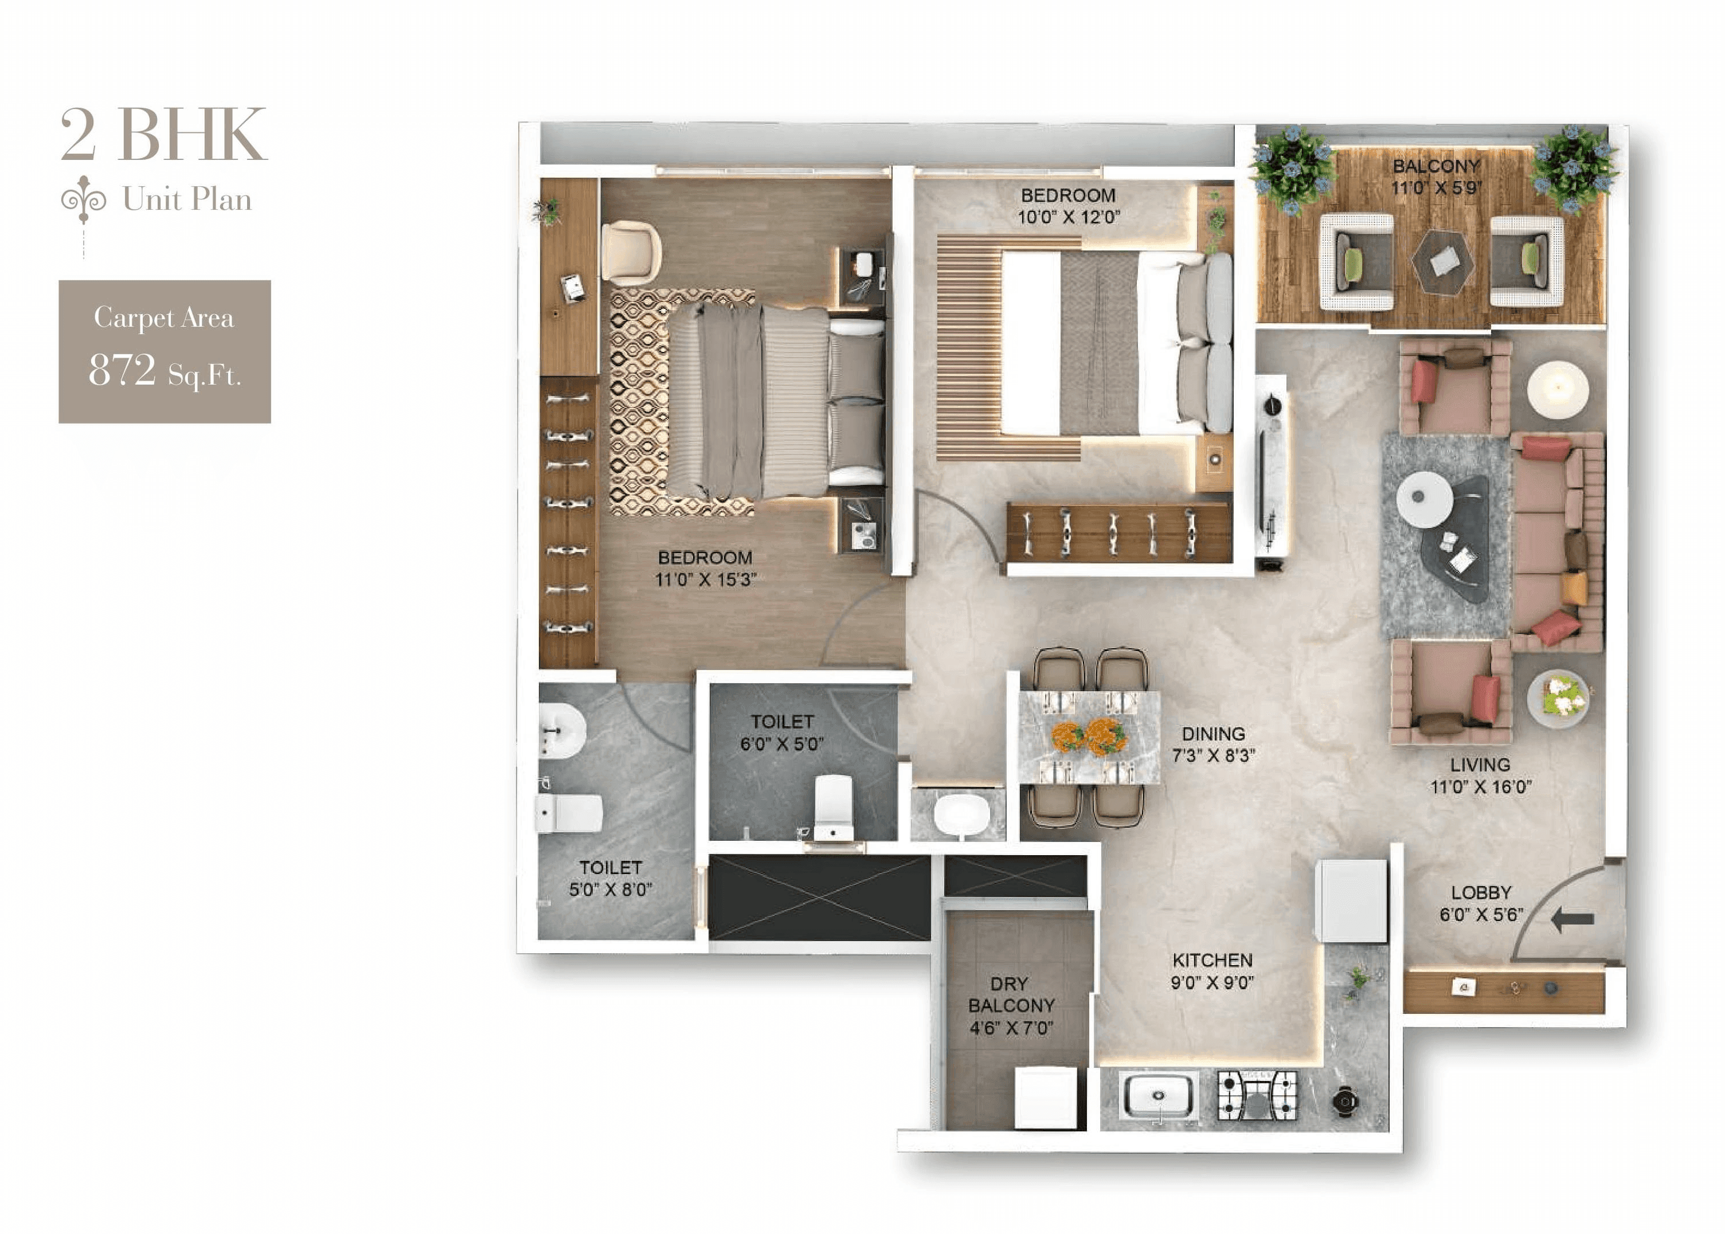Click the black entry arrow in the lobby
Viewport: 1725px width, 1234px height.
tap(1571, 919)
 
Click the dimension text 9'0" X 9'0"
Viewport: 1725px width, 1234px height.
tap(1212, 982)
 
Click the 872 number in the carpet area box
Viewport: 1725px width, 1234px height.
tap(122, 370)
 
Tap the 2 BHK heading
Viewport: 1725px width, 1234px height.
tap(163, 135)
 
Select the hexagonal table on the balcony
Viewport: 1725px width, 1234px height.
tap(1442, 262)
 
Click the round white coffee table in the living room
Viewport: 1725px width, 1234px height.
tap(1424, 499)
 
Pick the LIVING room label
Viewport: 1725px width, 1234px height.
tap(1480, 765)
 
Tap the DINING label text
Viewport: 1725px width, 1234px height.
tap(1213, 734)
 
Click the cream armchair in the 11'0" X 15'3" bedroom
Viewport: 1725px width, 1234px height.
tap(631, 252)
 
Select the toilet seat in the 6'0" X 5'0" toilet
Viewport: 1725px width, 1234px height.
tap(833, 807)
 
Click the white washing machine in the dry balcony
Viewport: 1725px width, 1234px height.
tap(1046, 1097)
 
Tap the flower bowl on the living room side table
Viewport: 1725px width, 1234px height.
tap(1558, 697)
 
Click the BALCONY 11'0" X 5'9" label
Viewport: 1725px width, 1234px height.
tap(1436, 177)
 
